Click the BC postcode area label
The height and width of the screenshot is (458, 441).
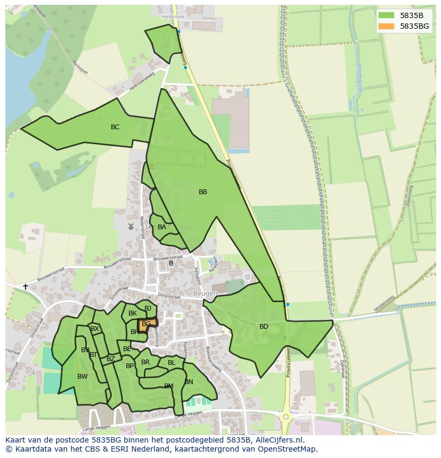pos(115,127)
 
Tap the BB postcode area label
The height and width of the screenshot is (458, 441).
pos(203,192)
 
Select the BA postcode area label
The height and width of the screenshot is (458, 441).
pos(162,227)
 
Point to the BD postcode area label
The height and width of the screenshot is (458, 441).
pos(264,327)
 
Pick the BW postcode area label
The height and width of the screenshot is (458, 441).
pos(83,377)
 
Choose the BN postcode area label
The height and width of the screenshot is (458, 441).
pos(189,382)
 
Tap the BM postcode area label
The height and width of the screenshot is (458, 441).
pos(169,386)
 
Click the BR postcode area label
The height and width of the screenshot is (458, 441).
pos(145,362)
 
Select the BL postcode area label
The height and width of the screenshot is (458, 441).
pos(171,363)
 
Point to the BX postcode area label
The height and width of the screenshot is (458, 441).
pos(95,329)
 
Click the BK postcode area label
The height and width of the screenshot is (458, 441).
pos(133,313)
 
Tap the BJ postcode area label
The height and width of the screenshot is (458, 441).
pos(148,309)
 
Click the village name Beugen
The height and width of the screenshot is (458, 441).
pos(205,294)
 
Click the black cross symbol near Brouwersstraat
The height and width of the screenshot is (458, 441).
pos(25,287)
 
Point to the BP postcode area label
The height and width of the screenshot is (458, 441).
pos(129,366)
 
